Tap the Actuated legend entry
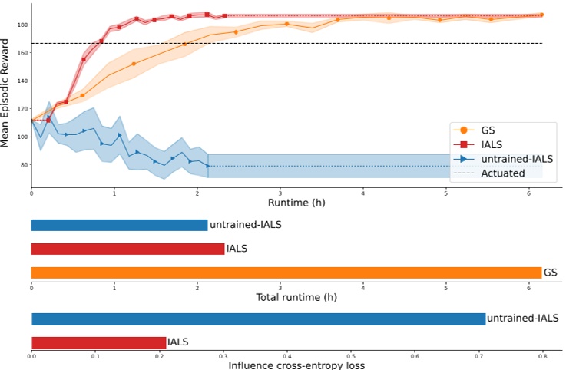[x=504, y=173]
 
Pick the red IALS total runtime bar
[x=127, y=249]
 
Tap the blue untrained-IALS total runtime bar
[x=119, y=225]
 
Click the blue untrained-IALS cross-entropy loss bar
[x=258, y=319]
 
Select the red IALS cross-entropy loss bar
[x=98, y=342]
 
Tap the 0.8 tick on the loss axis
[x=542, y=356]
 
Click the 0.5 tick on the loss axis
[x=351, y=356]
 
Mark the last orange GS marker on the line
[x=541, y=15]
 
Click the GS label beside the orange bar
[x=550, y=273]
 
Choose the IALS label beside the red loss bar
[x=177, y=342]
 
